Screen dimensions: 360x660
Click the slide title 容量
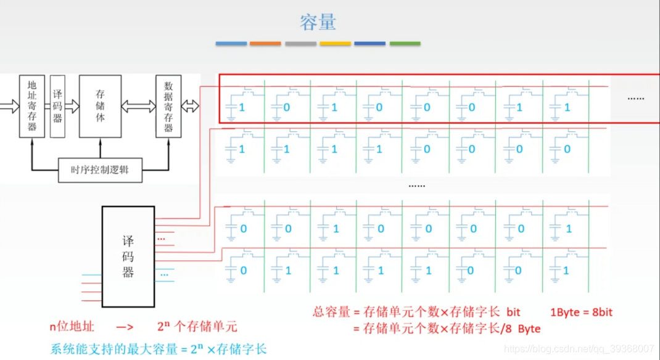[x=318, y=23]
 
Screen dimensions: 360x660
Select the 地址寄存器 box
[x=32, y=105]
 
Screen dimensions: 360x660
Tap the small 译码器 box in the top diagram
[x=58, y=105]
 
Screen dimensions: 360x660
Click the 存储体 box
[x=100, y=105]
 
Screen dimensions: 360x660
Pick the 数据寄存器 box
[x=168, y=105]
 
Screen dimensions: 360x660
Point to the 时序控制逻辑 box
[x=100, y=170]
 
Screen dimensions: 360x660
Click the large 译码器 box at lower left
[x=128, y=256]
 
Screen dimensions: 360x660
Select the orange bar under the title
[x=265, y=44]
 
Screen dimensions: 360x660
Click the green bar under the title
[x=405, y=44]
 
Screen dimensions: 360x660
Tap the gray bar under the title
[x=300, y=44]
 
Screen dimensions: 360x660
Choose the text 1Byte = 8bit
[x=582, y=312]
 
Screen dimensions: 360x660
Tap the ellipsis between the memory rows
[x=417, y=185]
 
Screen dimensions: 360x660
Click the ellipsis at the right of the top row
[x=636, y=98]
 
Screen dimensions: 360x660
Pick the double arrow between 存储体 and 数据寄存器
[x=138, y=106]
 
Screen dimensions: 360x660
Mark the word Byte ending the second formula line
[x=529, y=329]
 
